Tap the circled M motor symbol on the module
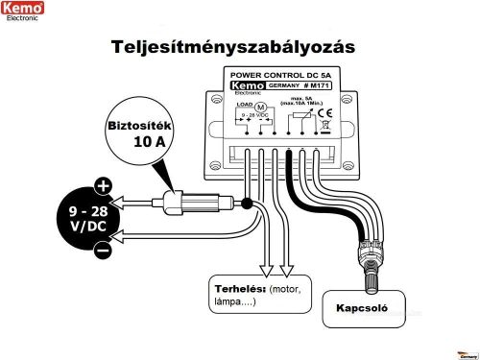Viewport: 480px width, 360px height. point(257,107)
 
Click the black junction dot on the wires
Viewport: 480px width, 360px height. point(247,203)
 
